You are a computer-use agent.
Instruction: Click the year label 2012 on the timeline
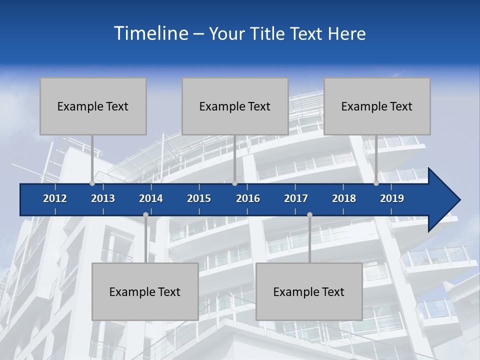click(55, 198)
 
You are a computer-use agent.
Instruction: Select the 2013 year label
click(103, 198)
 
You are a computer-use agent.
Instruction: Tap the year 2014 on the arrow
click(151, 198)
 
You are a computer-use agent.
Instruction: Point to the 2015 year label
click(199, 198)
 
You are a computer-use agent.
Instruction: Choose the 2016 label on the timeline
click(248, 198)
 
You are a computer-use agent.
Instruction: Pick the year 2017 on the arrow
click(296, 198)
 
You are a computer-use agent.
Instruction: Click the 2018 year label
click(344, 198)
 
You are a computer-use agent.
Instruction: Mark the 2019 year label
click(392, 198)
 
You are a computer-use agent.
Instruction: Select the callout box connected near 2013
click(93, 106)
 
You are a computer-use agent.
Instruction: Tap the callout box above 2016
click(235, 106)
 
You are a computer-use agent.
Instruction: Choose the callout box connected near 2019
click(377, 106)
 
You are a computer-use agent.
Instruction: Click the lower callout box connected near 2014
click(145, 291)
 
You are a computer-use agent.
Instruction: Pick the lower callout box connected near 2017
click(309, 291)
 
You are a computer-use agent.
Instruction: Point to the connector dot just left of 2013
click(92, 183)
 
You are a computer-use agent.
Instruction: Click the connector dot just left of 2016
click(234, 183)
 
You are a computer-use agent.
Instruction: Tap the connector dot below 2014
click(145, 215)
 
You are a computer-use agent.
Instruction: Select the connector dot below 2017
click(309, 215)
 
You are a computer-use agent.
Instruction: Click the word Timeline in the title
click(150, 33)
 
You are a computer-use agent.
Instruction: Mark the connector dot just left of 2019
click(376, 183)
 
